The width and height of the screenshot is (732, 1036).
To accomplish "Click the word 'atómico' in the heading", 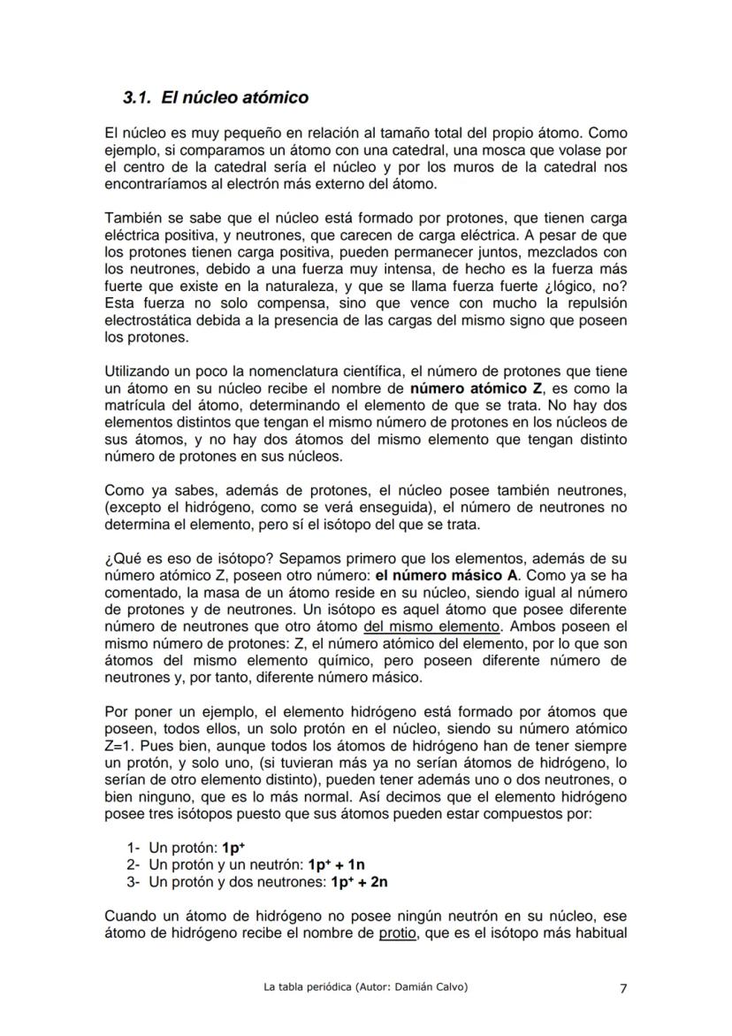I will (x=277, y=96).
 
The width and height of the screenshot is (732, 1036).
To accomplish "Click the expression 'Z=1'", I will (x=118, y=745).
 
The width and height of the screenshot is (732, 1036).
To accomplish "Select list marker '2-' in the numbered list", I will (x=133, y=863).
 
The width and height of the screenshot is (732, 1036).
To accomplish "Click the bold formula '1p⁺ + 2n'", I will (x=359, y=881).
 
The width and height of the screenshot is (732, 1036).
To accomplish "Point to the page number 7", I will (x=622, y=988).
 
